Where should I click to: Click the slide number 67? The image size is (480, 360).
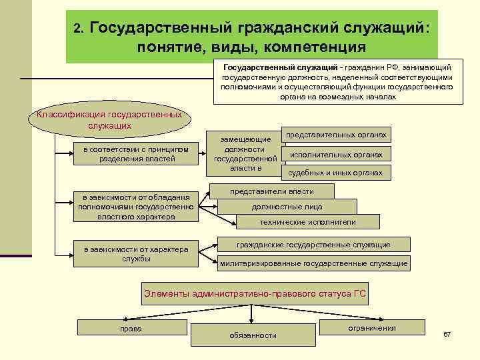(447, 333)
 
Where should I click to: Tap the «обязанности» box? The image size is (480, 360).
(253, 335)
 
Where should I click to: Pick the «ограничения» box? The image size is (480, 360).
(371, 328)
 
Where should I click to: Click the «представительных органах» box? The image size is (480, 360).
(336, 135)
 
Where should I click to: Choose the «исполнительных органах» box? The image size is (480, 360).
(336, 155)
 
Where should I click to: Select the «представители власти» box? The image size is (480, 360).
(271, 191)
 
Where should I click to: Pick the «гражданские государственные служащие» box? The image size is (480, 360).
(313, 245)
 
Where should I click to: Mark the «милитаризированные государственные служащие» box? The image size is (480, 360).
(313, 263)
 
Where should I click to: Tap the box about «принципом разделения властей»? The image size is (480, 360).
(136, 154)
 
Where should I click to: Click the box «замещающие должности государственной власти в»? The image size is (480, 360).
(245, 154)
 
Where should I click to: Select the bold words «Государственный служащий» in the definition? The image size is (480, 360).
(265, 67)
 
